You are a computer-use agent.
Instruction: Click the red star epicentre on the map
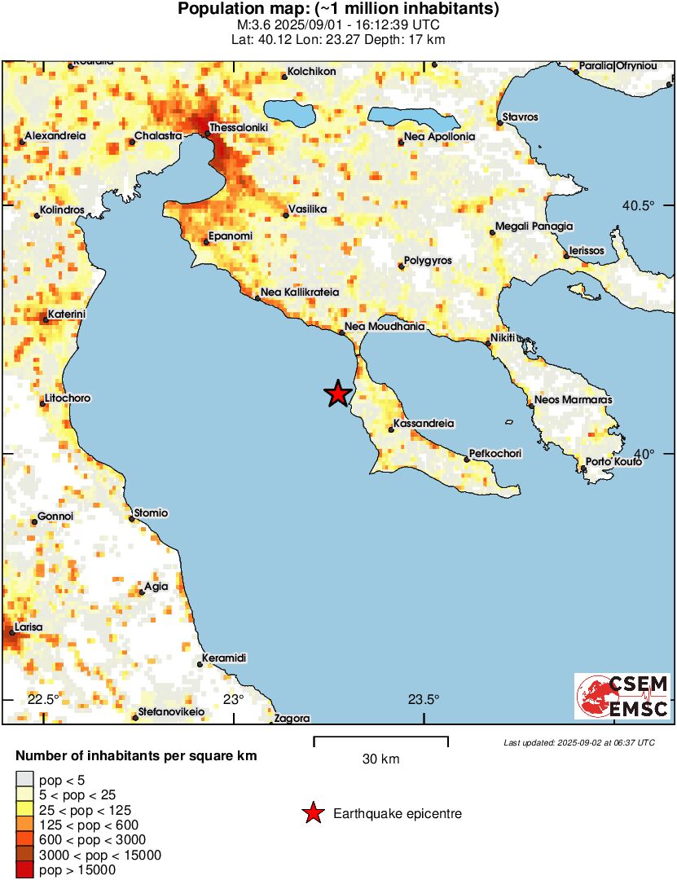pos(337,394)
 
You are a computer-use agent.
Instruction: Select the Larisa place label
pos(28,627)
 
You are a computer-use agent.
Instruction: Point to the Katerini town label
pos(68,314)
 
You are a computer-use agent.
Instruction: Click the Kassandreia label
pos(423,424)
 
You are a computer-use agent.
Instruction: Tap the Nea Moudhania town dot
pos(342,332)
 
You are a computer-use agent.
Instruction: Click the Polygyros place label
pos(429,261)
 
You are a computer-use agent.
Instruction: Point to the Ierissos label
pos(587,251)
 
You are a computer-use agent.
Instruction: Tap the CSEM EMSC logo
pos(622,696)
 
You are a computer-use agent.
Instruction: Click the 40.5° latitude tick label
pos(639,205)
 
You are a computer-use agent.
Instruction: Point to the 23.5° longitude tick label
pos(424,699)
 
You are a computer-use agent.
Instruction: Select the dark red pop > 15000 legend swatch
pos(24,870)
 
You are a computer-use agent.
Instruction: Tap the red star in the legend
pos(312,813)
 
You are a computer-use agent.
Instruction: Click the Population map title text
pos(338,10)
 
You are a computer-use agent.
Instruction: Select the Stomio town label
pos(152,513)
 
